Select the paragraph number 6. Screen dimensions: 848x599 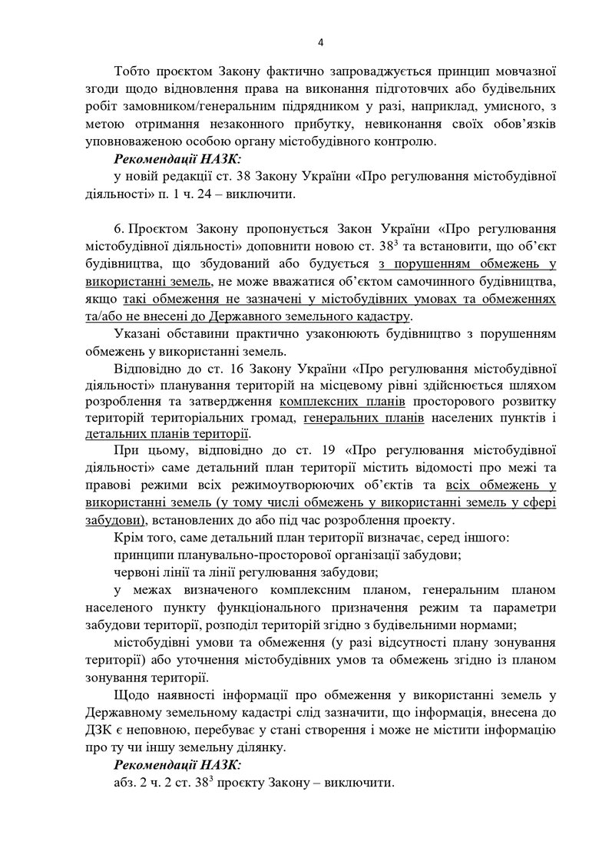pos(117,229)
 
